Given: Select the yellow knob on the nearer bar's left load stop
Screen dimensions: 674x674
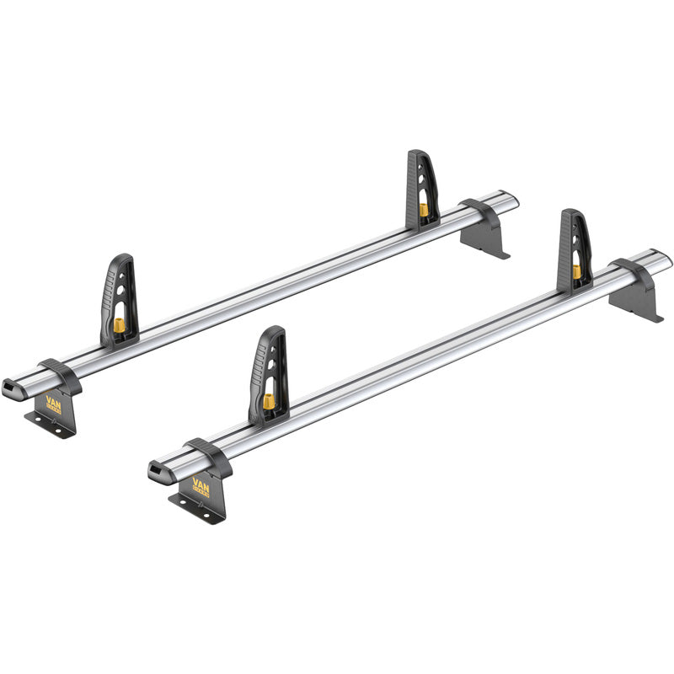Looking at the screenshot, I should tap(269, 401).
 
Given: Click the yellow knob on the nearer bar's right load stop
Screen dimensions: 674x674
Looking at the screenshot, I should tap(577, 272).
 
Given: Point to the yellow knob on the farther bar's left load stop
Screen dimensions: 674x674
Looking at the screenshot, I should tap(119, 326).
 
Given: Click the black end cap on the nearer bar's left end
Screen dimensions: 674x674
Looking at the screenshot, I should tap(158, 471).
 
